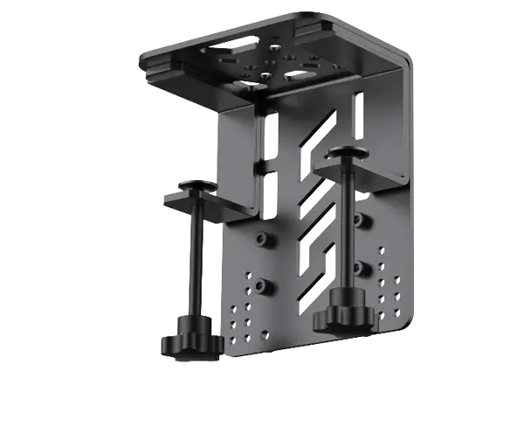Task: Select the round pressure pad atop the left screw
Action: point(193,188)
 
